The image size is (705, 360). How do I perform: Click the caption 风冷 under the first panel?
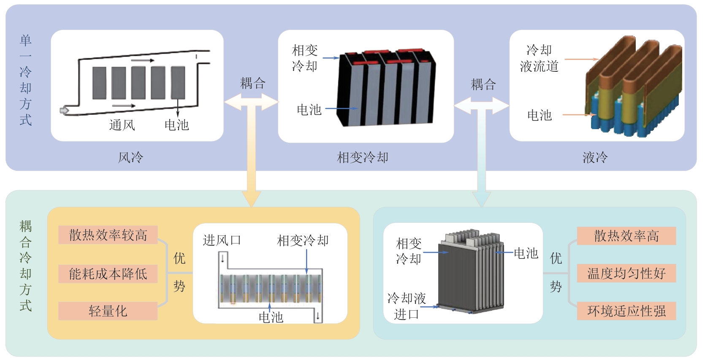tap(130, 158)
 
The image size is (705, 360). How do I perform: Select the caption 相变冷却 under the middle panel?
tap(362, 158)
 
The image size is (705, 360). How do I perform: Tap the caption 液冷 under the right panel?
tap(595, 158)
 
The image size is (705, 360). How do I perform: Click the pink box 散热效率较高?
tap(108, 235)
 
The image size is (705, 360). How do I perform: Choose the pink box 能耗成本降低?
tap(108, 274)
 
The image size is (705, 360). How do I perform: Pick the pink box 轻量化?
tap(108, 311)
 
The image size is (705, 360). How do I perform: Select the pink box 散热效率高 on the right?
tap(626, 236)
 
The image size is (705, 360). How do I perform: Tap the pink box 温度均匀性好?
tap(626, 273)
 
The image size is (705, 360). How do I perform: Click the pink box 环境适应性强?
tap(626, 311)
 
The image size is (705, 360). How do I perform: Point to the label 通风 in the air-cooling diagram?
tap(122, 125)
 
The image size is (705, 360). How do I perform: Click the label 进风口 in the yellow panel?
tap(222, 241)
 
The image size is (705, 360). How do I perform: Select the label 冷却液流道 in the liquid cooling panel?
tap(539, 58)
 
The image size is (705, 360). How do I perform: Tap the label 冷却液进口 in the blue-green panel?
tap(407, 306)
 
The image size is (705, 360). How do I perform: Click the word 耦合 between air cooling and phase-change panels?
tap(252, 83)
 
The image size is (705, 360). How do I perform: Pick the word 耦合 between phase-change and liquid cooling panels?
tap(483, 84)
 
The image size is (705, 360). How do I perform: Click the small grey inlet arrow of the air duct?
tap(64, 111)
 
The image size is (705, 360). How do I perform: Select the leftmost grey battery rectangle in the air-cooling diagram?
tap(100, 83)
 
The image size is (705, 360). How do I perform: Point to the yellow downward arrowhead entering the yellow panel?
tap(252, 198)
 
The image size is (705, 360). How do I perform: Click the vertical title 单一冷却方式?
tap(26, 80)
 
